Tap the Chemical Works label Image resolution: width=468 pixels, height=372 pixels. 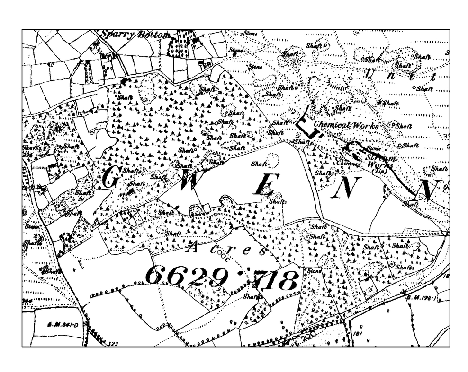tap(347, 126)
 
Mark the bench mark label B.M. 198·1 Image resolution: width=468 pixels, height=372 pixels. tap(421, 297)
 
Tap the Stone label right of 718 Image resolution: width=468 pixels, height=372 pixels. tap(314, 271)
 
